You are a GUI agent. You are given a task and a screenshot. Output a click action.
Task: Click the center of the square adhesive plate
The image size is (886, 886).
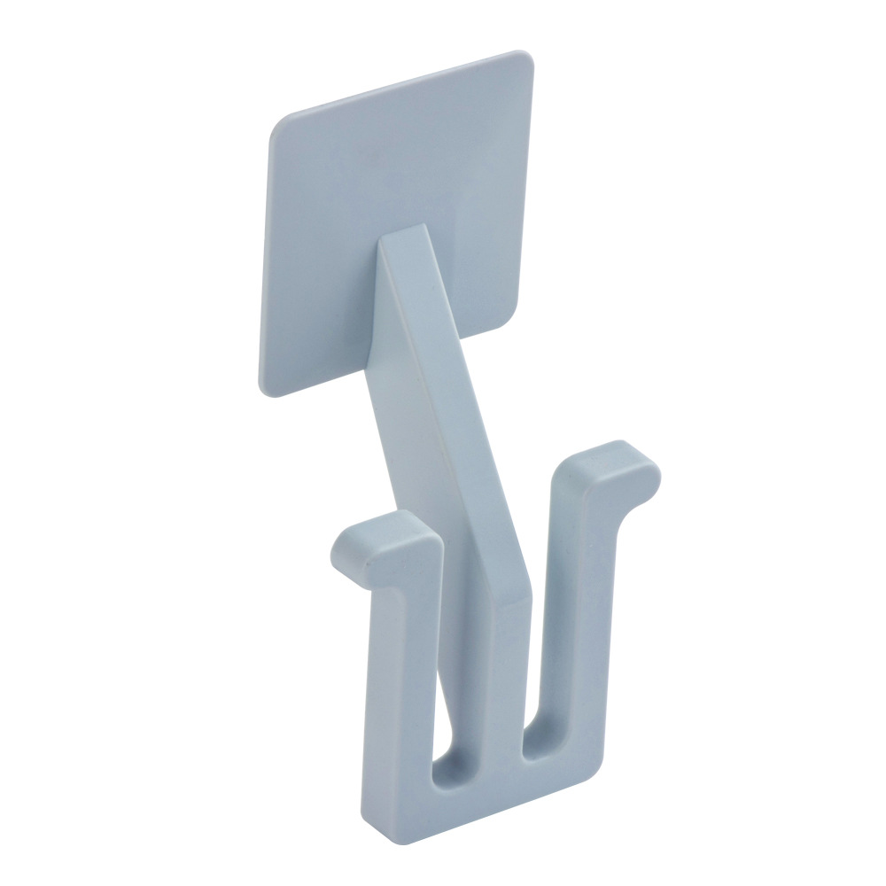(x=399, y=221)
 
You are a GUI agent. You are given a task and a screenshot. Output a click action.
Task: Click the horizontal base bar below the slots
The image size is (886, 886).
(x=496, y=802)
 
